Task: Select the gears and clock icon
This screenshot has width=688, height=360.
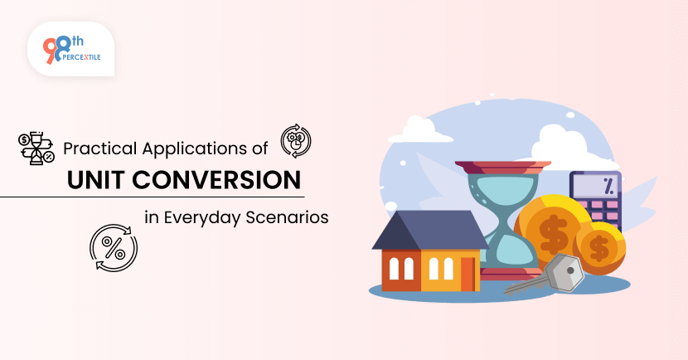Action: point(296,141)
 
